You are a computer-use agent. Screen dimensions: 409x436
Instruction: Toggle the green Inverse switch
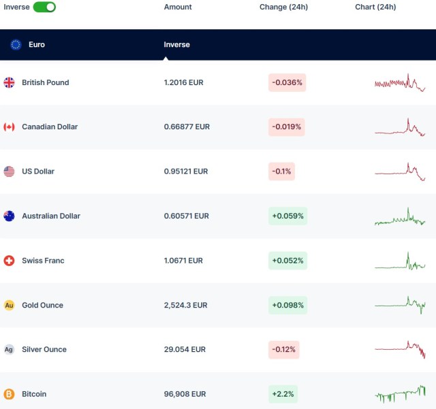pyautogui.click(x=44, y=7)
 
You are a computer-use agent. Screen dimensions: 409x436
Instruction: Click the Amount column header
pyautogui.click(x=178, y=7)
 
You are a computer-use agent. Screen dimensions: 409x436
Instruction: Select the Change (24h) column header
pyautogui.click(x=283, y=7)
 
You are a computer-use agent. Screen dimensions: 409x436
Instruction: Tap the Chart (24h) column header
pyautogui.click(x=375, y=7)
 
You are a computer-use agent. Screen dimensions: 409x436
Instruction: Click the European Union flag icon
pyautogui.click(x=16, y=45)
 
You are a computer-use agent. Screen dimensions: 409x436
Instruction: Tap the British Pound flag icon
pyautogui.click(x=9, y=82)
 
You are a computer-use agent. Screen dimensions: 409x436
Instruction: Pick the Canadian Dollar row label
pyautogui.click(x=50, y=127)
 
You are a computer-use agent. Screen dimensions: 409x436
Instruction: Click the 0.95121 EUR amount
pyautogui.click(x=186, y=171)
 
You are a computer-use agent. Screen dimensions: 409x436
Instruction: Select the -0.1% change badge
pyautogui.click(x=282, y=171)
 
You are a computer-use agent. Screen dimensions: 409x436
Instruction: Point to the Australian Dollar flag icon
pyautogui.click(x=9, y=216)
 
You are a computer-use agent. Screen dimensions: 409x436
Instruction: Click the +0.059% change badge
pyautogui.click(x=287, y=216)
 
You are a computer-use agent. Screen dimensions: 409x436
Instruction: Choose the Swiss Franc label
pyautogui.click(x=43, y=261)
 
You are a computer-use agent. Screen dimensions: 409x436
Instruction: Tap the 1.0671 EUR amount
pyautogui.click(x=183, y=261)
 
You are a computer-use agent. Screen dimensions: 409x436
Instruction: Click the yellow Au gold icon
pyautogui.click(x=9, y=305)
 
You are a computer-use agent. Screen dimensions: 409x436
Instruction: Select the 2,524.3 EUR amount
pyautogui.click(x=185, y=305)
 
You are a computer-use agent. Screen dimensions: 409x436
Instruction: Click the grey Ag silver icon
pyautogui.click(x=9, y=349)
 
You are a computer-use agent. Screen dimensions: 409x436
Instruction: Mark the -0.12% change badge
pyautogui.click(x=283, y=349)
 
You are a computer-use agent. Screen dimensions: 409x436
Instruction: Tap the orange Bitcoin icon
pyautogui.click(x=9, y=394)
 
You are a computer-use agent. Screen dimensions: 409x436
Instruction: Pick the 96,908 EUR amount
pyautogui.click(x=185, y=394)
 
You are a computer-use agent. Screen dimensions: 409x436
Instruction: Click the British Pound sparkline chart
pyautogui.click(x=400, y=82)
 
